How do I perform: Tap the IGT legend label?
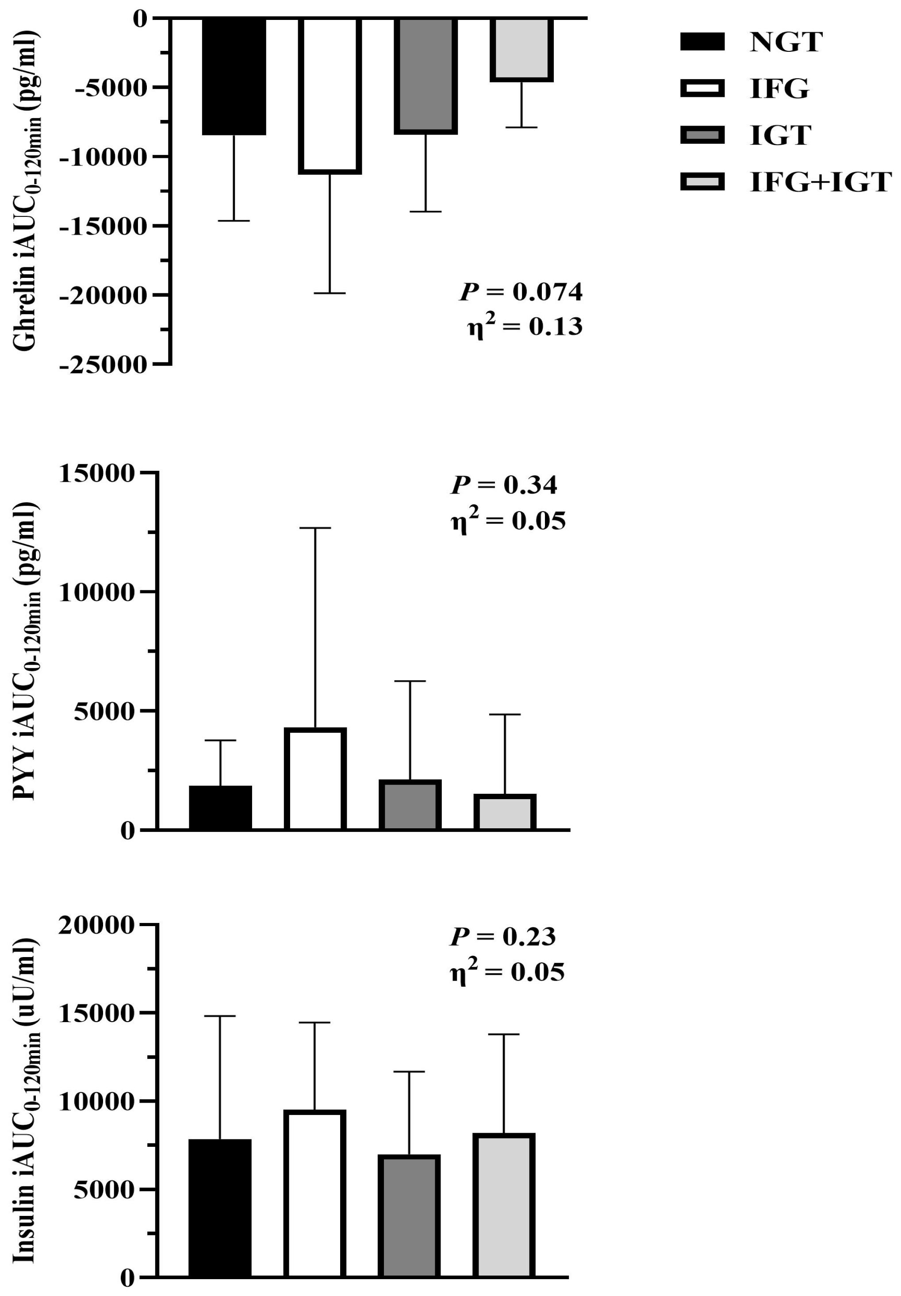pyautogui.click(x=780, y=135)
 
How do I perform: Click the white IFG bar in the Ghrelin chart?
pyautogui.click(x=330, y=95)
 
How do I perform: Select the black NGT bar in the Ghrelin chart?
pyautogui.click(x=234, y=76)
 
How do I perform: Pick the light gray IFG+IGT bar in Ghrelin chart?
pyautogui.click(x=521, y=49)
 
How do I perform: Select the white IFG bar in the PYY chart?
pyautogui.click(x=315, y=778)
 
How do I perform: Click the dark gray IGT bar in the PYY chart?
pyautogui.click(x=410, y=804)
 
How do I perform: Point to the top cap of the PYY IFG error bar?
pyautogui.click(x=315, y=528)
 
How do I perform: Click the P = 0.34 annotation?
pyautogui.click(x=504, y=485)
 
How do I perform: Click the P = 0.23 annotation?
pyautogui.click(x=502, y=936)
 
